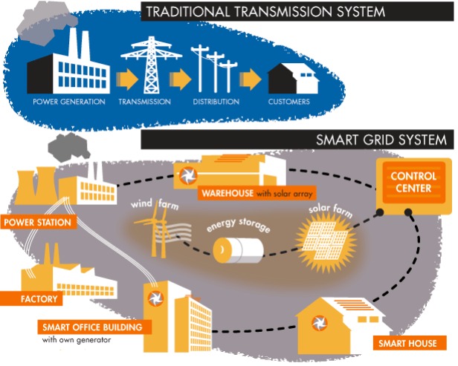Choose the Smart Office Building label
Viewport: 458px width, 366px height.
pyautogui.click(x=94, y=327)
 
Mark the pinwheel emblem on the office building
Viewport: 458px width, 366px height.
pyautogui.click(x=155, y=298)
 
